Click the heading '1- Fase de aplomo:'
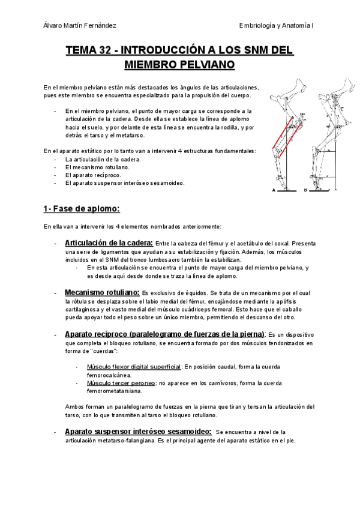tap(82, 209)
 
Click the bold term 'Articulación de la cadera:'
tap(109, 242)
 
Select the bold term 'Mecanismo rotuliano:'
tap(102, 292)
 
